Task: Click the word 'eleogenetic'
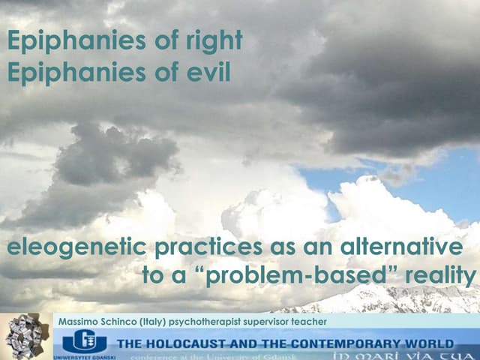(x=75, y=247)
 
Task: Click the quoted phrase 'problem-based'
(x=297, y=276)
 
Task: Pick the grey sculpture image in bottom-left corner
(x=23, y=337)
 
